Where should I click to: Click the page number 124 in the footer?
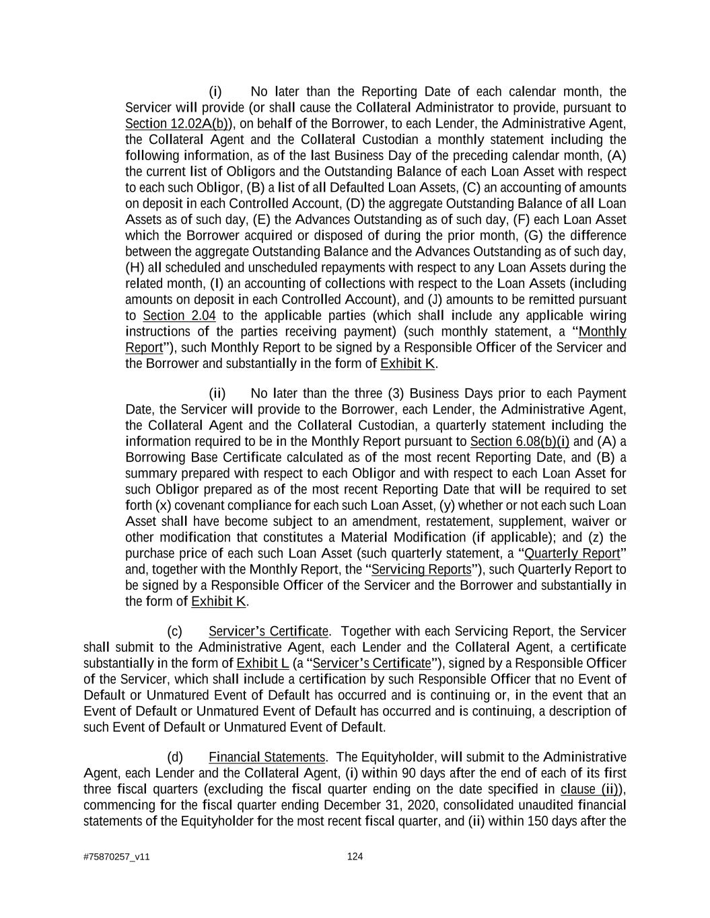355,857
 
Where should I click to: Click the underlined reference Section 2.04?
179,315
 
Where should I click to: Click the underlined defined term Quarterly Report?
571,553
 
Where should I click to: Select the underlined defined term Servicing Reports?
421,570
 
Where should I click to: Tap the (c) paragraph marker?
174,632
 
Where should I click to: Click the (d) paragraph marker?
174,757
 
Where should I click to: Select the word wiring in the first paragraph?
608,315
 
